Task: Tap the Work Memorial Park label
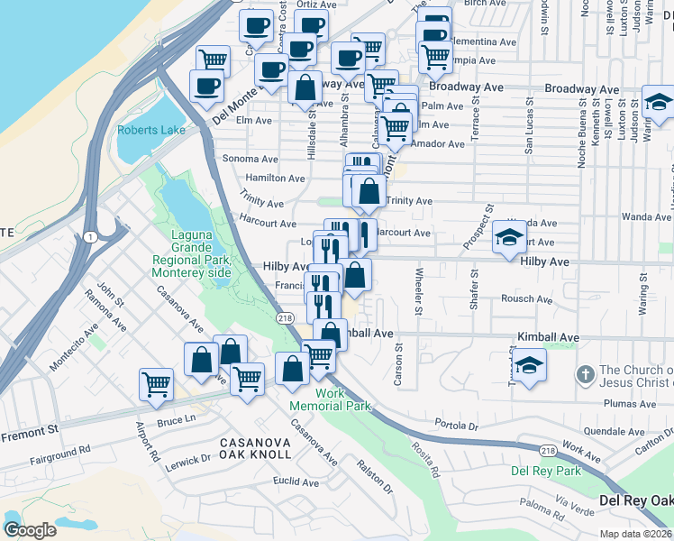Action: (342, 399)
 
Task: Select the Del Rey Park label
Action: (545, 471)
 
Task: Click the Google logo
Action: (31, 529)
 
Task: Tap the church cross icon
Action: (585, 373)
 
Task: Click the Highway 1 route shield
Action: (89, 235)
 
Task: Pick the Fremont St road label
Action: (29, 435)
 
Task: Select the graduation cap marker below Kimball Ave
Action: (531, 365)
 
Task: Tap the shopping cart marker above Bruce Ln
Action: (156, 383)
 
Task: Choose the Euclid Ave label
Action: (296, 482)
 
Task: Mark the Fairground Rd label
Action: (59, 448)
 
